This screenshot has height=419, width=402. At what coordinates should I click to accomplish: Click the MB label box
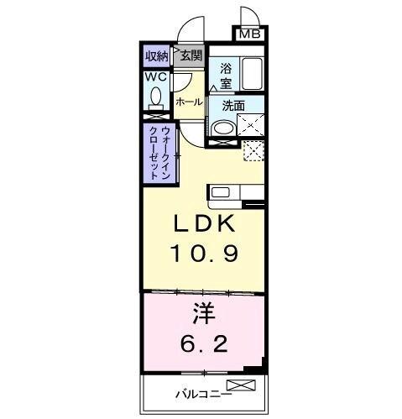click(x=249, y=34)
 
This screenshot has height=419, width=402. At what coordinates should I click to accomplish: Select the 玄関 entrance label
click(x=191, y=56)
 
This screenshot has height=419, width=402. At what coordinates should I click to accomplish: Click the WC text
click(x=155, y=77)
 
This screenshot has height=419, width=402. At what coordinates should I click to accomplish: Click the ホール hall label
click(x=189, y=102)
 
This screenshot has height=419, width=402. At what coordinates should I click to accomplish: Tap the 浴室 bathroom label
click(x=226, y=76)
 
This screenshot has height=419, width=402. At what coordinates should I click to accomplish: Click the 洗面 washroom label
click(x=233, y=106)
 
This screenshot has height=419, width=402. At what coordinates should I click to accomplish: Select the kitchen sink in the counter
click(x=219, y=191)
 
